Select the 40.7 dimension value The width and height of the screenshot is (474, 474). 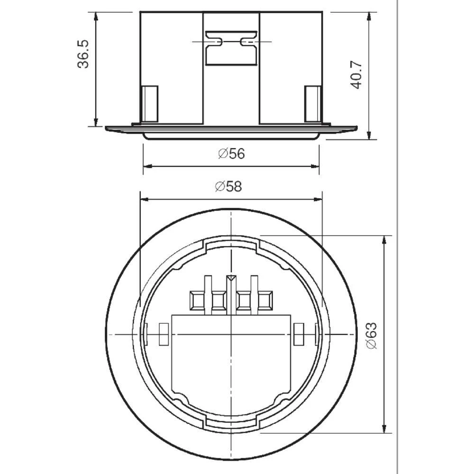click(x=356, y=74)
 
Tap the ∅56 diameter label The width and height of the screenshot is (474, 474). click(x=232, y=154)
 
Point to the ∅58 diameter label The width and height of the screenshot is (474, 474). click(x=228, y=187)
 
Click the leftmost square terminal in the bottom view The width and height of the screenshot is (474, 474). click(x=196, y=301)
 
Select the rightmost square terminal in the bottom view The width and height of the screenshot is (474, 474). click(x=265, y=301)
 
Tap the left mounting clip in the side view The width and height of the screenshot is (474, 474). click(x=150, y=103)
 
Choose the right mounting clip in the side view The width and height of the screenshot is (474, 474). click(x=313, y=103)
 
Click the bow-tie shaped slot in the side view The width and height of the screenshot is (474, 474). click(x=231, y=42)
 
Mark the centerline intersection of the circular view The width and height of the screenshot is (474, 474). click(x=231, y=335)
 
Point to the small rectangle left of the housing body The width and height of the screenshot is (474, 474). click(x=163, y=334)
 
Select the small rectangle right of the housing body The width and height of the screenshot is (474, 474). click(x=299, y=334)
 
